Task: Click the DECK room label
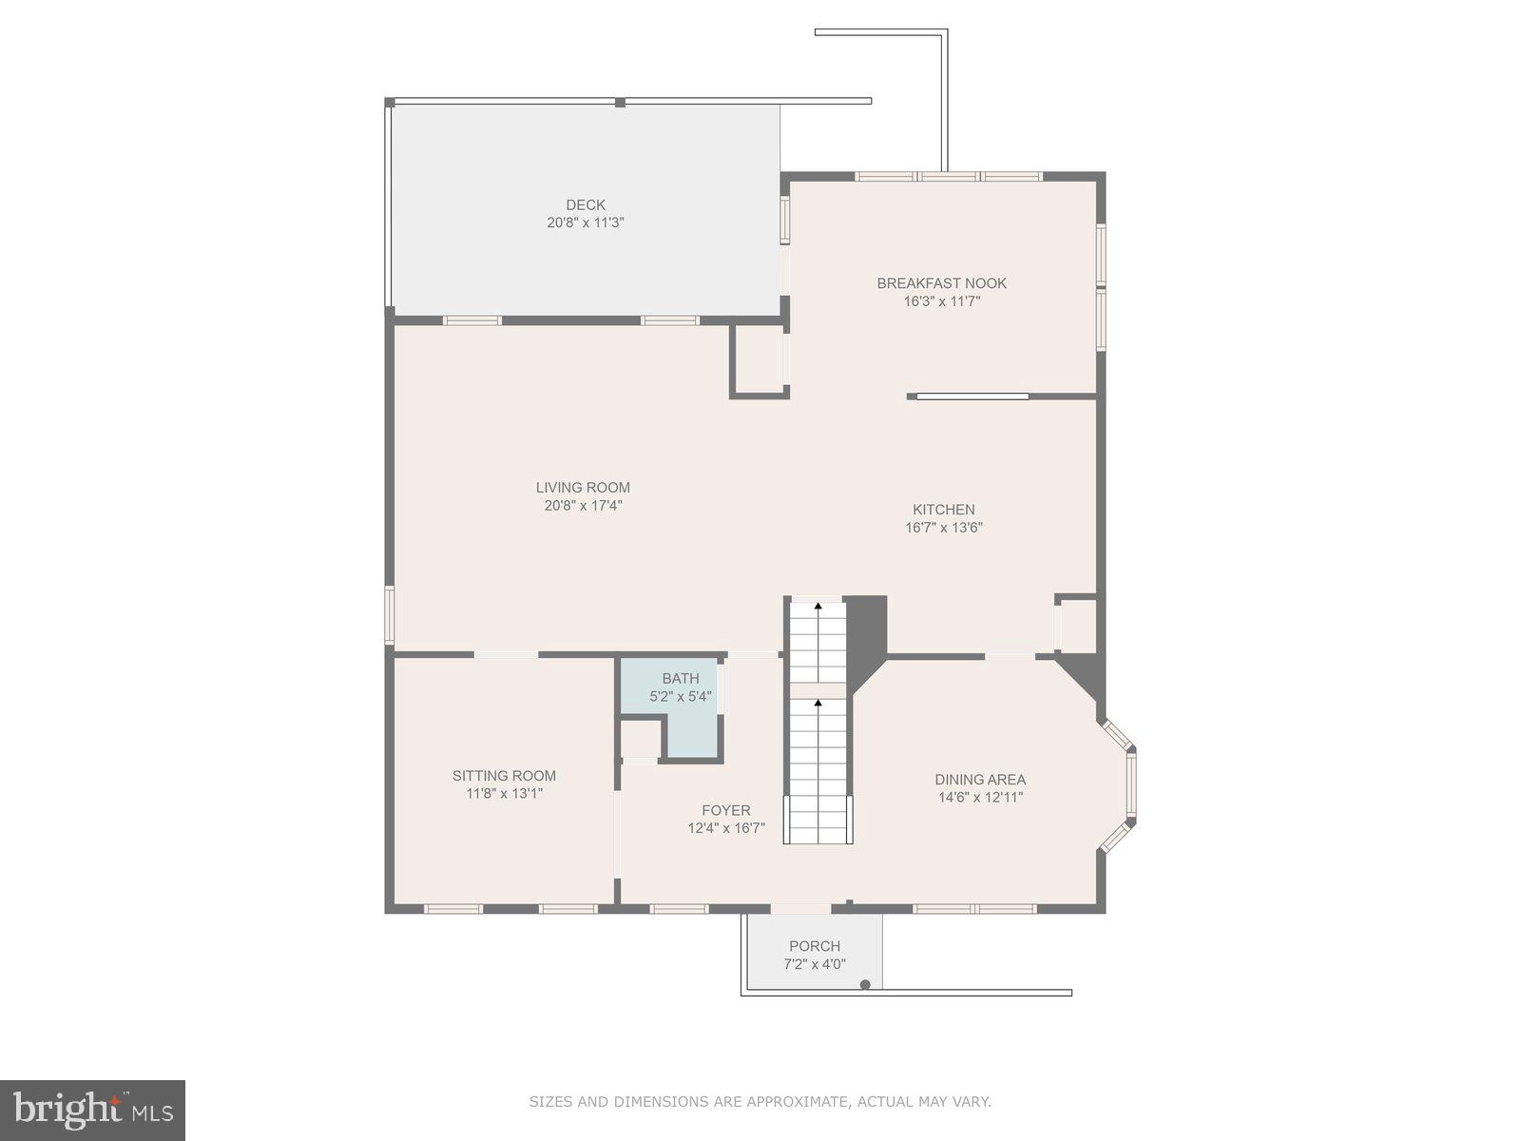586,204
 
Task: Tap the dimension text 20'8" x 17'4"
583,506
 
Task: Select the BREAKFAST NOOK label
941,283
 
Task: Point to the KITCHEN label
944,510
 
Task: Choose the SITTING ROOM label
504,776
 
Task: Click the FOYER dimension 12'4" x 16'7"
726,828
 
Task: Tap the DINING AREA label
980,780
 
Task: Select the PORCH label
815,946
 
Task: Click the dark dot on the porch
865,984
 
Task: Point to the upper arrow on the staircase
818,605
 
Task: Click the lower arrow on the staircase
818,703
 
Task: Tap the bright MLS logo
92,1110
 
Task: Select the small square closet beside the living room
759,359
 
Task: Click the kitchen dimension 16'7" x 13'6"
944,528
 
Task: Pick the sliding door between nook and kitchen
972,396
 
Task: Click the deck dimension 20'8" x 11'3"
586,222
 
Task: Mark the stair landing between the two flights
818,689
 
